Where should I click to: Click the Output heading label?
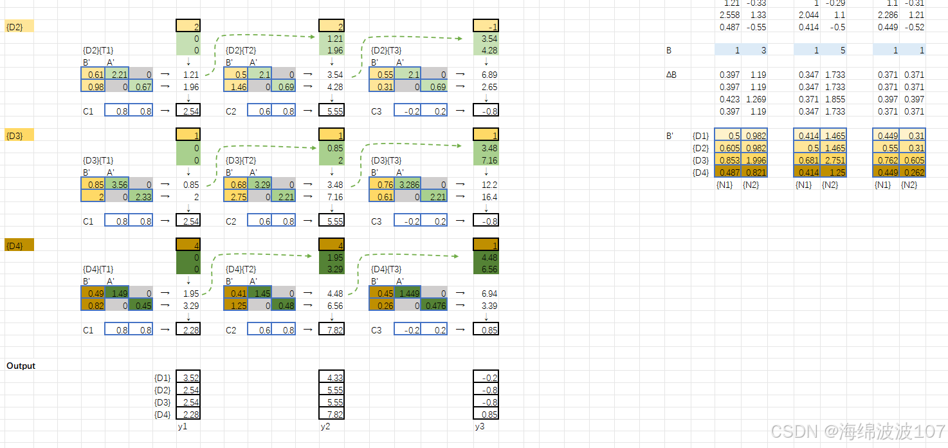(x=21, y=366)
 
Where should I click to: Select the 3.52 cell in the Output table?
(x=188, y=378)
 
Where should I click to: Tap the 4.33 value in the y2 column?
(x=331, y=378)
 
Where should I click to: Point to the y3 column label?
(x=480, y=426)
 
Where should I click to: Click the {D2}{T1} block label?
(x=98, y=50)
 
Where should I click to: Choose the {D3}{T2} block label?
(x=241, y=160)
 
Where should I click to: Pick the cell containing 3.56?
(x=117, y=184)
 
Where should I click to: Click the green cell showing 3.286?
(x=407, y=184)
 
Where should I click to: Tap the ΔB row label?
(x=671, y=75)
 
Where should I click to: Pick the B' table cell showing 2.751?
(x=833, y=160)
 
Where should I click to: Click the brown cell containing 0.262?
(x=911, y=173)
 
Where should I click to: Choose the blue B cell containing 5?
(x=833, y=50)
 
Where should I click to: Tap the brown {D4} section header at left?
(x=19, y=245)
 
